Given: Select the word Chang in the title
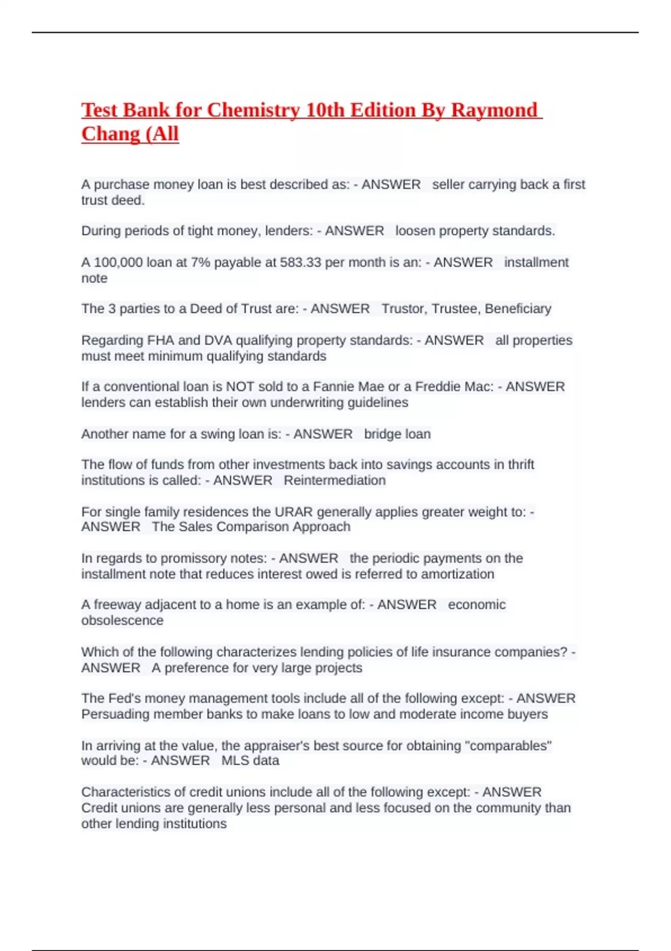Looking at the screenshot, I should coord(109,134).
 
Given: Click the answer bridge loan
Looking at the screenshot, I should coord(397,434).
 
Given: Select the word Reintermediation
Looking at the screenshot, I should coord(334,481).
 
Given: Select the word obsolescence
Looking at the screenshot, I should coord(122,620).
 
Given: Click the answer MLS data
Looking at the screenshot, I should coord(250,761).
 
